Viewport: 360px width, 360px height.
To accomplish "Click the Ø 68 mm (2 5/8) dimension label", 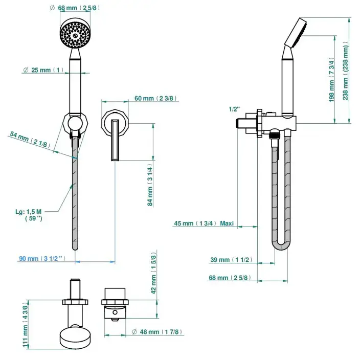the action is click(x=75, y=8).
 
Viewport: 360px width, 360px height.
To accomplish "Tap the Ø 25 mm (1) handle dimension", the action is click(x=43, y=70).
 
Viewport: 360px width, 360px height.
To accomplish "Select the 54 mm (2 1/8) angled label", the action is click(x=30, y=140).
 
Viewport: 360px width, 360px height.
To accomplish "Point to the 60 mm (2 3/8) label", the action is click(x=155, y=98).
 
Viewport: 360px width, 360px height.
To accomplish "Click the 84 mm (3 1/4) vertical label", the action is click(x=150, y=185).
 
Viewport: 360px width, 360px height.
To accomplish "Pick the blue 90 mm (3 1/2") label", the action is click(x=42, y=259).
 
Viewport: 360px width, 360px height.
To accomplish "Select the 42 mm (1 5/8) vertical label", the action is click(x=153, y=273).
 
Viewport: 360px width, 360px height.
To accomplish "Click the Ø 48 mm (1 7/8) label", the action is click(x=157, y=332).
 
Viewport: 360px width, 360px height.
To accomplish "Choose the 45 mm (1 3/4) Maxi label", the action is click(x=204, y=223).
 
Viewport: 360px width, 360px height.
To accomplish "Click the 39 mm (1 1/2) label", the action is click(x=232, y=260).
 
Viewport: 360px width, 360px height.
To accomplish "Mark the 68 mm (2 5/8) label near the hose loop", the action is click(x=230, y=278).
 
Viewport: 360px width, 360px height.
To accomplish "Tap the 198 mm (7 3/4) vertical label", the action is click(x=332, y=79).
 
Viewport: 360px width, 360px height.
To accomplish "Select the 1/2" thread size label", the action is click(x=234, y=109).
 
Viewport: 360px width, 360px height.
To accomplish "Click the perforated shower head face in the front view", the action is click(x=75, y=33).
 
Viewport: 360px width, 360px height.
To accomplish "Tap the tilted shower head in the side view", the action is click(x=296, y=33).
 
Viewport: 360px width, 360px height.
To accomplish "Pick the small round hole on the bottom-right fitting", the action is click(x=115, y=312).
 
